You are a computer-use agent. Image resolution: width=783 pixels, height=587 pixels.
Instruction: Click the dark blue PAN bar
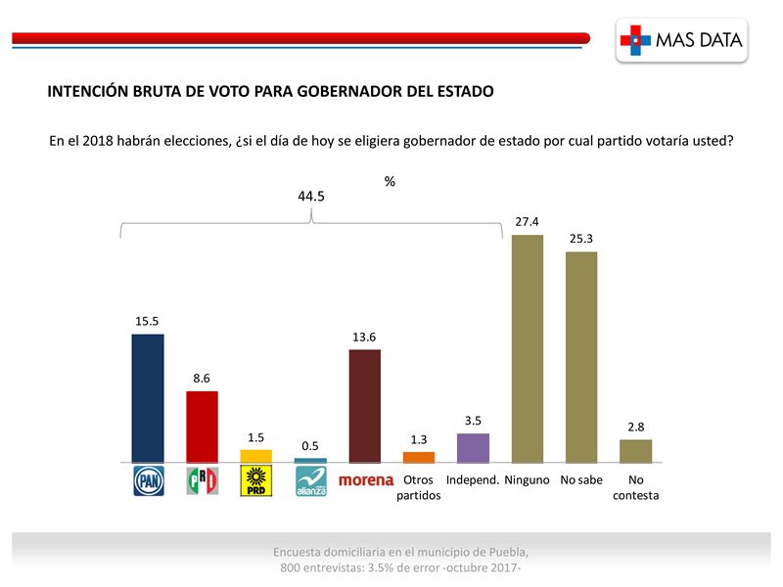coord(148,398)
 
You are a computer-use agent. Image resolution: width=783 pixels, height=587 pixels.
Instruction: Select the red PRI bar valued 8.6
coord(202,427)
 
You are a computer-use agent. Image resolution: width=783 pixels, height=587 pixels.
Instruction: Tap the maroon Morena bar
coord(365,406)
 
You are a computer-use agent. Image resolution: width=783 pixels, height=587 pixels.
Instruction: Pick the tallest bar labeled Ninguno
coord(528,348)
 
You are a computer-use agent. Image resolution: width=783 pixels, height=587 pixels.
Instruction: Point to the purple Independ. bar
coord(473,448)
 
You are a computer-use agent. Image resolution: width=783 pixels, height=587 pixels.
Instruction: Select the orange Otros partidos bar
coord(419,457)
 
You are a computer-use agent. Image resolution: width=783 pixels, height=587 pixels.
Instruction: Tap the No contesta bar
coord(635,451)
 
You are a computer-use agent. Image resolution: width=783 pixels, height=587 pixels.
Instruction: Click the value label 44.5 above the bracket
coord(311,196)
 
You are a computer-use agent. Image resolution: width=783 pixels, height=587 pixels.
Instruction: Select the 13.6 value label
coord(365,338)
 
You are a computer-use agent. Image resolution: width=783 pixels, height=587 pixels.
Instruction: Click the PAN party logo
coord(148,480)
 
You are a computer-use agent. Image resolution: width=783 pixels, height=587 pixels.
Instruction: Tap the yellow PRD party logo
coord(256,480)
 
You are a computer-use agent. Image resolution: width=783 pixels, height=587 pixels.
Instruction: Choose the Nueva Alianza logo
coord(310,481)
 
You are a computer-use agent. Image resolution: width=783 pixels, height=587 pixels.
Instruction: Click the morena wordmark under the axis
coord(365,480)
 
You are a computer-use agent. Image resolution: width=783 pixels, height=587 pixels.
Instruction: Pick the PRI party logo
coord(202,480)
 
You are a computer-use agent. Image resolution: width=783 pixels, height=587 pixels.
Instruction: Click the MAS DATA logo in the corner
coord(683,40)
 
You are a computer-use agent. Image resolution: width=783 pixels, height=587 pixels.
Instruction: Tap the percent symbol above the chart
coord(390,181)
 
